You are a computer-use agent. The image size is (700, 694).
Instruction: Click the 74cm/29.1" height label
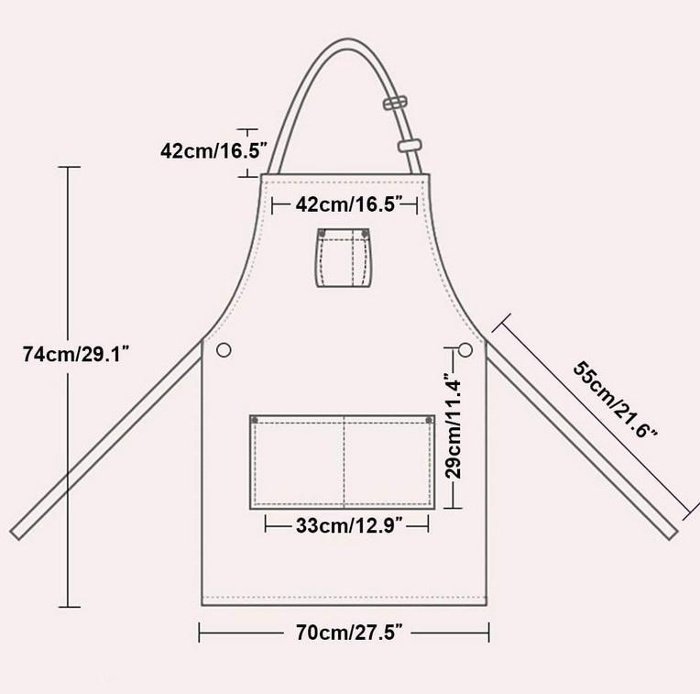76,355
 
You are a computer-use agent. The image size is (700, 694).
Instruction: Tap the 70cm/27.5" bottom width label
350,633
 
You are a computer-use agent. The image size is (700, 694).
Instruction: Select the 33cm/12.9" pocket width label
350,525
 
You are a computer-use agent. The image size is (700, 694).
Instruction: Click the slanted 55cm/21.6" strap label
615,399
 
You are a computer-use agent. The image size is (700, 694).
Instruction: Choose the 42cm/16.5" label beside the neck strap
213,150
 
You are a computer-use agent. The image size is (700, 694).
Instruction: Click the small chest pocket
344,258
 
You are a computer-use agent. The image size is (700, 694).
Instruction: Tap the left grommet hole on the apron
224,349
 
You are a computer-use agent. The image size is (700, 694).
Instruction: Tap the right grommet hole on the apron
465,349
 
